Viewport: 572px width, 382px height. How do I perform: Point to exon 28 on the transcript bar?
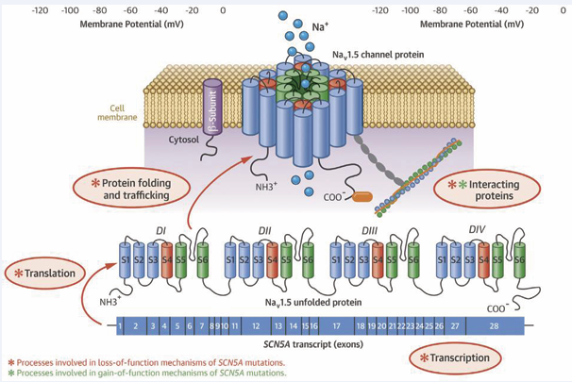[494, 325]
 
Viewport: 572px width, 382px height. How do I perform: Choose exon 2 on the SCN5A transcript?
[136, 325]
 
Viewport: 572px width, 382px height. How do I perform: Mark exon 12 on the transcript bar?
[255, 325]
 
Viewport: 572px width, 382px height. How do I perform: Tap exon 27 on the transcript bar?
[454, 325]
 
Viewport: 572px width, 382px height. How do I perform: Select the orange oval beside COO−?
[362, 199]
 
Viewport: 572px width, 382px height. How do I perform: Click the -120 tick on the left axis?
[42, 10]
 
